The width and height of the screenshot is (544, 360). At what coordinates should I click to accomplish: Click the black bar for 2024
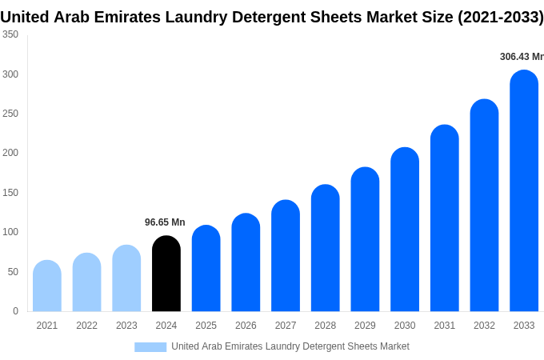(166, 274)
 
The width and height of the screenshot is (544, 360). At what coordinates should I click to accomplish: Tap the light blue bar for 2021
(47, 286)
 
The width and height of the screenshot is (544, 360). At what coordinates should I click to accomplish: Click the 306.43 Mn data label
(521, 57)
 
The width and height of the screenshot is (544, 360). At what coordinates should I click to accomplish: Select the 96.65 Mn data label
(165, 222)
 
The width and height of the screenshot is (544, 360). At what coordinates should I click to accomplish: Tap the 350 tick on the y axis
(10, 34)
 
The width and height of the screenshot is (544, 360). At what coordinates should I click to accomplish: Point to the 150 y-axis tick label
(10, 193)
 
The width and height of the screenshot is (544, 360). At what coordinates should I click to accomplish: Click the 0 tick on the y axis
(15, 311)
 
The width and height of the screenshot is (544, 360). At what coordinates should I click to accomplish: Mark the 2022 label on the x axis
(86, 326)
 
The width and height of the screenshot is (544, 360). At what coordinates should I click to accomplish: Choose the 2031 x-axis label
(445, 326)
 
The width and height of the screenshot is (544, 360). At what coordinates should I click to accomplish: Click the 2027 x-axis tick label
(286, 326)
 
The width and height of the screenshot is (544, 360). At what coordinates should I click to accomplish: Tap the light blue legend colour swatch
(150, 347)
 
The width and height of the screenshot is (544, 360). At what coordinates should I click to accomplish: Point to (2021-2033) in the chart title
(501, 16)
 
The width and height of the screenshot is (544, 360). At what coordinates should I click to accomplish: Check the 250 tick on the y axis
(10, 114)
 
